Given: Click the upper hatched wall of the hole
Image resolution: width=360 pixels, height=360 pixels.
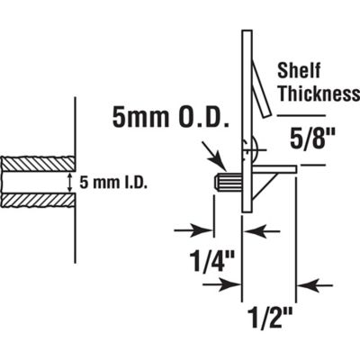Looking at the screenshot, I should tap(36, 164).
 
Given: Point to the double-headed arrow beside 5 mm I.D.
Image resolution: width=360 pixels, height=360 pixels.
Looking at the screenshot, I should tap(71, 183).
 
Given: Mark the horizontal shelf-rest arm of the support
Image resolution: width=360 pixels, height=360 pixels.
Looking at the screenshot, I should tap(274, 166).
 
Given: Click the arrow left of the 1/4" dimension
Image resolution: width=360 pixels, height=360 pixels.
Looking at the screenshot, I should tap(199, 229).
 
